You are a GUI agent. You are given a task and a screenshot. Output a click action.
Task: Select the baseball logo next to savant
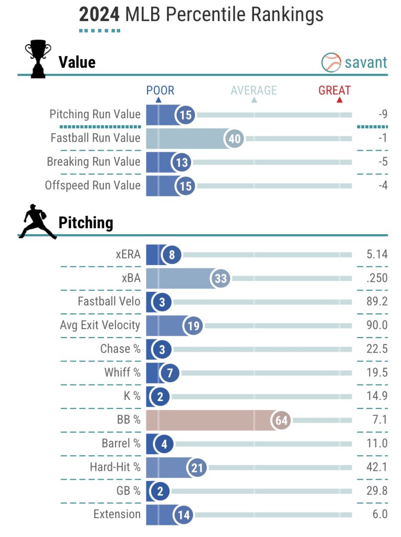click(331, 62)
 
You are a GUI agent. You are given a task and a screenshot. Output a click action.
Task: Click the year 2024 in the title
click(99, 14)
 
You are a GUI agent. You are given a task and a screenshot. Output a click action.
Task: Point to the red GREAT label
click(334, 90)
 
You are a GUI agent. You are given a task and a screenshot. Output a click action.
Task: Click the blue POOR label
click(160, 90)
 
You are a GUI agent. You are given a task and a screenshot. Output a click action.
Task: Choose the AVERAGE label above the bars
click(254, 90)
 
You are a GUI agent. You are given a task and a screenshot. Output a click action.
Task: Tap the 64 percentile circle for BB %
click(281, 420)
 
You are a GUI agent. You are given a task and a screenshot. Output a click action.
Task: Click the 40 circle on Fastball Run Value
click(235, 139)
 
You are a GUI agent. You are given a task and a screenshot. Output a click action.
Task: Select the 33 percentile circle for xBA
click(220, 279)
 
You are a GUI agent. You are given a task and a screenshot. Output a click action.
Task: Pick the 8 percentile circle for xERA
click(172, 255)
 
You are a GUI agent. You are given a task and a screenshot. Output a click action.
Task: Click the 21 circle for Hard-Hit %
click(197, 468)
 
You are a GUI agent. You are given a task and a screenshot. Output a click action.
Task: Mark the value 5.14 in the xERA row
click(377, 255)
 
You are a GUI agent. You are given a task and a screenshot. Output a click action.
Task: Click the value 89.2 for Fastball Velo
click(377, 302)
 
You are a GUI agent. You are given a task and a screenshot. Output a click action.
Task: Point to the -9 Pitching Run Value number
click(382, 114)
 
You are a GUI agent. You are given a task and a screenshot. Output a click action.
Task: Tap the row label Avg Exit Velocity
click(100, 325)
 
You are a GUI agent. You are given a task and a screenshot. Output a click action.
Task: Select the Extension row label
click(117, 514)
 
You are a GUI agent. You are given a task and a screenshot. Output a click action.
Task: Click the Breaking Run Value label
click(94, 162)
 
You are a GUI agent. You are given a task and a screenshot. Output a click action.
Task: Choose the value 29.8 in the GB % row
click(377, 491)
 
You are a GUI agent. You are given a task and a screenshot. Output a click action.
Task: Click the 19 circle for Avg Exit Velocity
click(193, 326)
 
